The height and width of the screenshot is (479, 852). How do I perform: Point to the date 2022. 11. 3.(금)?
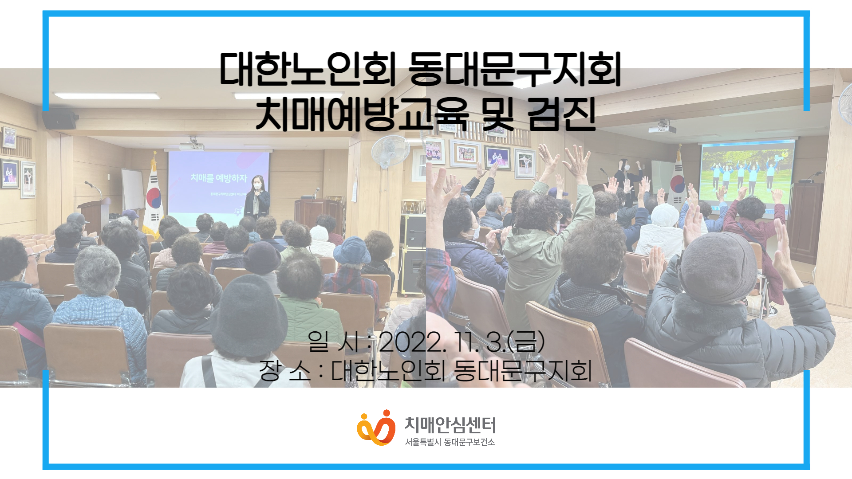point(461,342)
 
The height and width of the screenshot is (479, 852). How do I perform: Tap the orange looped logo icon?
point(376,428)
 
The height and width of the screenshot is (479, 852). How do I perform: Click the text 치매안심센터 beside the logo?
point(450,425)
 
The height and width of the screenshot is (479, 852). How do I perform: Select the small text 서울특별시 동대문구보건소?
point(450,442)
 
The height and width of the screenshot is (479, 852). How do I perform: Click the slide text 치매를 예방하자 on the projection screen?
point(219,178)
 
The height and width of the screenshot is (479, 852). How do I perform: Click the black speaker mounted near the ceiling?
point(59,120)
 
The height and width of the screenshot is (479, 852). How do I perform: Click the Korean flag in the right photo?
point(678,182)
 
